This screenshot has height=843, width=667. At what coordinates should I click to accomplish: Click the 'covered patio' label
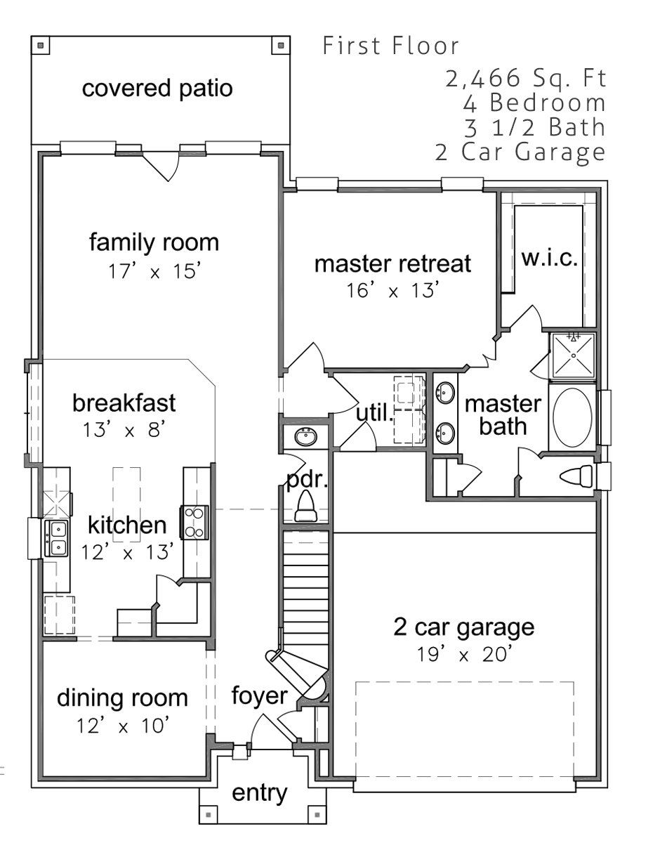(157, 89)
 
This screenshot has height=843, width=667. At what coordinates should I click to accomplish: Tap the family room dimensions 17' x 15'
(154, 271)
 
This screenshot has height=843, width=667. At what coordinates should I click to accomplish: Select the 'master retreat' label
(392, 263)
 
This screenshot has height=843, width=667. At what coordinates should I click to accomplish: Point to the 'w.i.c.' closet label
(550, 258)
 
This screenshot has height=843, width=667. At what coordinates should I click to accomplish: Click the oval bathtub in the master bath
(574, 417)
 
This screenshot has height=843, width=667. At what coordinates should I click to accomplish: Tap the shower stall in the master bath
(573, 355)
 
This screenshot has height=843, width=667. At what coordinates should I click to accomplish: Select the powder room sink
(306, 437)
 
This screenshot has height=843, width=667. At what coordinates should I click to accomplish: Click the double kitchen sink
(56, 538)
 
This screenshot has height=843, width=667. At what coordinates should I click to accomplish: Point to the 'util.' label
(374, 413)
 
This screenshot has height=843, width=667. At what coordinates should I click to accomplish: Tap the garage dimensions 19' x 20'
(464, 654)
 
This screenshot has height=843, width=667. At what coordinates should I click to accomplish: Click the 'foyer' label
(259, 695)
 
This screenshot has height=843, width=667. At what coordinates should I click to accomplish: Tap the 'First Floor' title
(390, 46)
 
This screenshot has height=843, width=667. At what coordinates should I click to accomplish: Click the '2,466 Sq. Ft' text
(526, 78)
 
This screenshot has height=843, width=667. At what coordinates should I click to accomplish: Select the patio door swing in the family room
(161, 167)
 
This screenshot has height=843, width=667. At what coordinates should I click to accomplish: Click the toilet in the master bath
(577, 476)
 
